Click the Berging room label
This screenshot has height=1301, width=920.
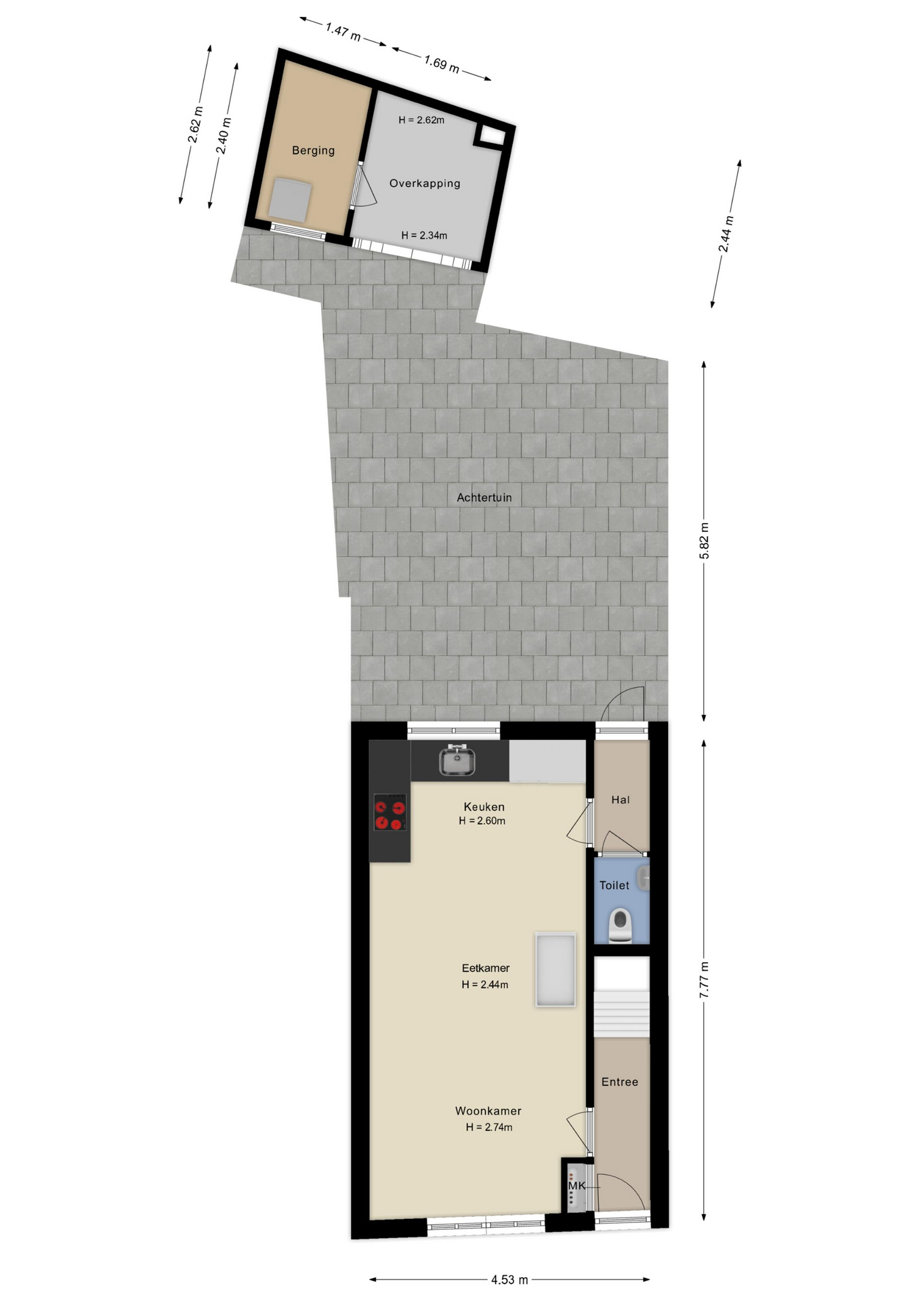click(x=313, y=150)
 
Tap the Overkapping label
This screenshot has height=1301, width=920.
click(x=425, y=183)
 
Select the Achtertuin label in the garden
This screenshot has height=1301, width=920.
click(x=484, y=497)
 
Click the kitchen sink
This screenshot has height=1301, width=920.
click(x=457, y=760)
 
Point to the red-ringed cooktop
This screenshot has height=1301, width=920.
click(x=390, y=812)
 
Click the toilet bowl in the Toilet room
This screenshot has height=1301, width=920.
click(x=621, y=926)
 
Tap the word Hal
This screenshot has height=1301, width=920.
click(x=621, y=800)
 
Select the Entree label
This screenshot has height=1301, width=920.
click(x=620, y=1082)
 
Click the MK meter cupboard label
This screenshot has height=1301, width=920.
click(x=577, y=1186)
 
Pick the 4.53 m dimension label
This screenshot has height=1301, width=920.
click(x=509, y=1280)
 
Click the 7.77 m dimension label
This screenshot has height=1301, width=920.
click(x=705, y=979)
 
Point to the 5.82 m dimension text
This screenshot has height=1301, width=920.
click(x=705, y=541)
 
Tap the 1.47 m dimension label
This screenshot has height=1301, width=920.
click(x=343, y=32)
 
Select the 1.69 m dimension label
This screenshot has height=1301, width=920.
click(x=442, y=64)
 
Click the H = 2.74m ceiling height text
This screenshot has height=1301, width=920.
click(x=489, y=1128)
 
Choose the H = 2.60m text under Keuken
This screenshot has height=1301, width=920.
click(x=482, y=821)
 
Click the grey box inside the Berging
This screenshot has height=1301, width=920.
click(x=291, y=200)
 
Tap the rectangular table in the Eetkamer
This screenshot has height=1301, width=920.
click(x=556, y=970)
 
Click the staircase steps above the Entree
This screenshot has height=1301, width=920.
click(x=622, y=1012)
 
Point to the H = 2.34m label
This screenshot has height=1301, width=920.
click(x=424, y=236)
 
